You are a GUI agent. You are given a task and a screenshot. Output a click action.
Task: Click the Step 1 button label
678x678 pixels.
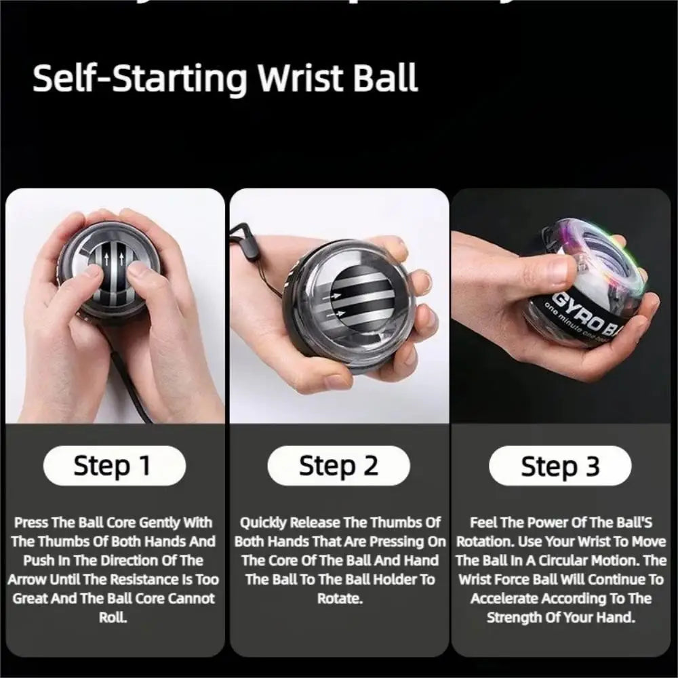[113, 466]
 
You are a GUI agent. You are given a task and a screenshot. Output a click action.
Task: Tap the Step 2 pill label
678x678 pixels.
[338, 466]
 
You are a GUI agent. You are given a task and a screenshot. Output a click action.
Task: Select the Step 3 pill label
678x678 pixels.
[560, 466]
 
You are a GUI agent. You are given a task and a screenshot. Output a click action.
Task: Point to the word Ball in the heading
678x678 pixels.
[386, 79]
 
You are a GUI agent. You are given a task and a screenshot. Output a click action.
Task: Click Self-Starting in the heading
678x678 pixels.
[140, 79]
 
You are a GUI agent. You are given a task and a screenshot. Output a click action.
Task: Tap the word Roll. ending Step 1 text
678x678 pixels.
[113, 618]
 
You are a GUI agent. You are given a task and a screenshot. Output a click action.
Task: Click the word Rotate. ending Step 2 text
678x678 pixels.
[338, 599]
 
